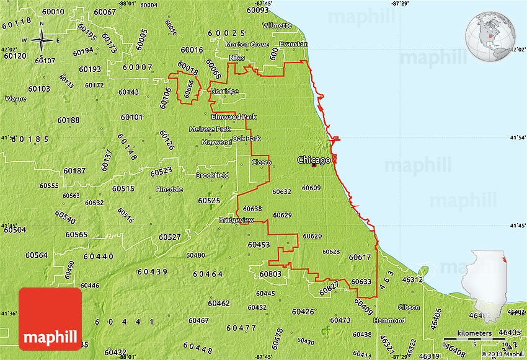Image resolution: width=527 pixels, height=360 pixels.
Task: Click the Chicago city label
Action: click(x=313, y=160)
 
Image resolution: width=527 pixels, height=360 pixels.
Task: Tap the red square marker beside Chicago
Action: click(x=314, y=165)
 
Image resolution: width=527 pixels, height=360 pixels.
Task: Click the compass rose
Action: click(x=42, y=41)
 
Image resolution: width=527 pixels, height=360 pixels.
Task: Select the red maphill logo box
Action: click(x=50, y=318)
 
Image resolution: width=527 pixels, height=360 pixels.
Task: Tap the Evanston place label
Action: click(x=293, y=45)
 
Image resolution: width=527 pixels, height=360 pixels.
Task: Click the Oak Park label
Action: click(x=246, y=139)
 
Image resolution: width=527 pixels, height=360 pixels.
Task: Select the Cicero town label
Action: click(x=261, y=162)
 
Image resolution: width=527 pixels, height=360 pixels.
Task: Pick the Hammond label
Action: click(x=389, y=320)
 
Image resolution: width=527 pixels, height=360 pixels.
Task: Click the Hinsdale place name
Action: click(x=169, y=190)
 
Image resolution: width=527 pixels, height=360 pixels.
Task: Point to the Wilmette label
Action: click(x=277, y=25)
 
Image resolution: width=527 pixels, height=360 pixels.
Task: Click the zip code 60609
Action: click(x=311, y=188)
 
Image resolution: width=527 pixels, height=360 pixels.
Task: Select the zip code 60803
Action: click(x=270, y=274)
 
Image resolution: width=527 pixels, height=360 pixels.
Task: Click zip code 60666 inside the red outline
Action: click(x=189, y=89)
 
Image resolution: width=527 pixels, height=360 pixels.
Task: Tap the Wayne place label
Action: click(x=15, y=99)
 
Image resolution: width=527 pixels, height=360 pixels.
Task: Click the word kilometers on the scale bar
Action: click(x=474, y=333)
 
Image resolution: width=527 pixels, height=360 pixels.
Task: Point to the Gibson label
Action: click(x=409, y=307)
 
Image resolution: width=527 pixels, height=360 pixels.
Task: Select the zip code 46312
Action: click(x=413, y=280)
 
